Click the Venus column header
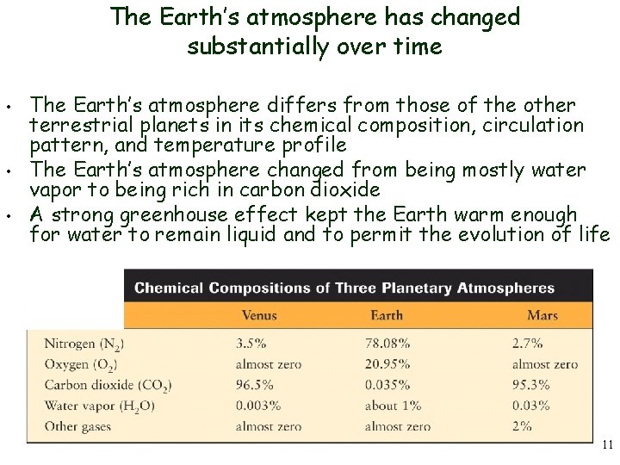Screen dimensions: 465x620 [258, 315]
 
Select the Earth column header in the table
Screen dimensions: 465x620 [387, 315]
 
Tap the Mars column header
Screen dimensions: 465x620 [542, 315]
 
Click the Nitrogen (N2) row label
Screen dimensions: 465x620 [84, 344]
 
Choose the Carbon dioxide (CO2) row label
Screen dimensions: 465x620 [108, 385]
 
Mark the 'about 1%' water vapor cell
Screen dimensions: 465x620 [393, 406]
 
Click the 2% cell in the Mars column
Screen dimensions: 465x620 [523, 426]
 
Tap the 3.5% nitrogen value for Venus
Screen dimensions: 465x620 [251, 344]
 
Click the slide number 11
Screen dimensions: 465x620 [607, 445]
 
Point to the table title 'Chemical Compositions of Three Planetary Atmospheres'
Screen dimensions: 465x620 [344, 288]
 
